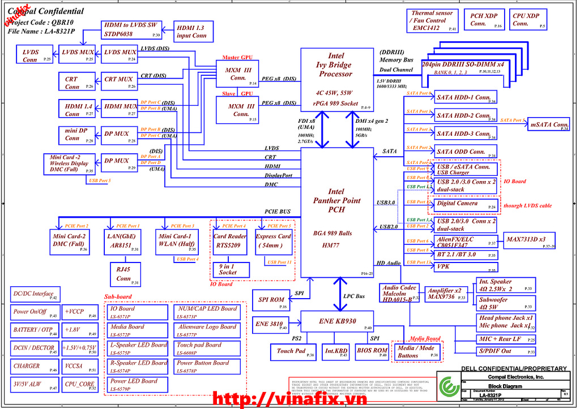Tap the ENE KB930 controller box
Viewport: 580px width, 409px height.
pos(338,322)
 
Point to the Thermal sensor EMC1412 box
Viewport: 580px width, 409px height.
pos(432,20)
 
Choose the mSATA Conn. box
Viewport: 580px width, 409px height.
pos(549,124)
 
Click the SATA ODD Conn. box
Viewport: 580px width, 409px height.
pos(465,152)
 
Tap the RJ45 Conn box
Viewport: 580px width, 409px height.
pos(123,274)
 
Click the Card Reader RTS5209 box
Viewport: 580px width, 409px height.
pos(229,240)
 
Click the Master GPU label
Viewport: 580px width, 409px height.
pos(237,58)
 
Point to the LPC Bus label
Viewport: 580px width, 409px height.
pos(355,296)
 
